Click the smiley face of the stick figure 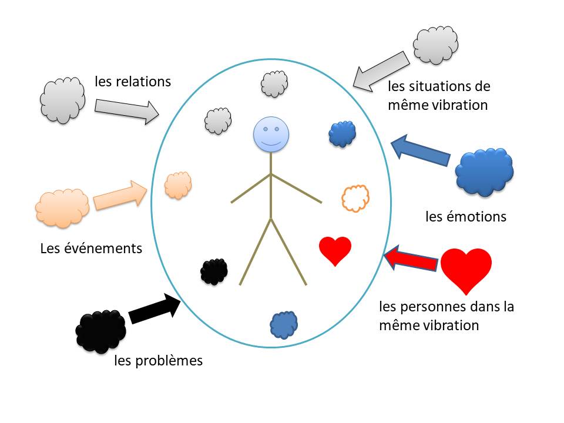point(270,135)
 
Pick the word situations point(432,86)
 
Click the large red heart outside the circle point(466,269)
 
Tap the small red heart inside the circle point(335,250)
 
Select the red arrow point(412,258)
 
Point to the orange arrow point(121,194)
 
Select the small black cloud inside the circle point(214,271)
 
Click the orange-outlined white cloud point(355,198)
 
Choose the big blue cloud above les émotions point(485,171)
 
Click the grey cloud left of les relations point(61,100)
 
